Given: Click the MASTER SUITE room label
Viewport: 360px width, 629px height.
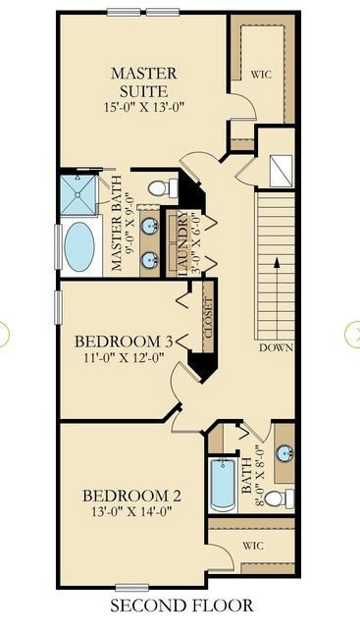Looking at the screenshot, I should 143,81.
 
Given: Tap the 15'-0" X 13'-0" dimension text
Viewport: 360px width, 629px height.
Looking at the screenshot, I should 143,106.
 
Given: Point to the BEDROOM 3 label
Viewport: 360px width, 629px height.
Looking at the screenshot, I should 125,341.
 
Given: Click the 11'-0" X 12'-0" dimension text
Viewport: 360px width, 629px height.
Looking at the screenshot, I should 125,359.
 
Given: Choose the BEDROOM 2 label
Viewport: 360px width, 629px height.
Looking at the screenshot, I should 130,495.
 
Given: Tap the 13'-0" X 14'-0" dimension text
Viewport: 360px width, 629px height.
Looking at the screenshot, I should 130,512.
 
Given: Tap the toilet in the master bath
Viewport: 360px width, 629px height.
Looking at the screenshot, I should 161,186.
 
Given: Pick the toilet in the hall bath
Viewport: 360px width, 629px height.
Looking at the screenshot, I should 279,499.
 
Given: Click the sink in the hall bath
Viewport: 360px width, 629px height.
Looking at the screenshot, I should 284,453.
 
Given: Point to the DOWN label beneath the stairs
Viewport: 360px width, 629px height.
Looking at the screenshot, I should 278,348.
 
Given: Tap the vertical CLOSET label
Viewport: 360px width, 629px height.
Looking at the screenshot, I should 208,317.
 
